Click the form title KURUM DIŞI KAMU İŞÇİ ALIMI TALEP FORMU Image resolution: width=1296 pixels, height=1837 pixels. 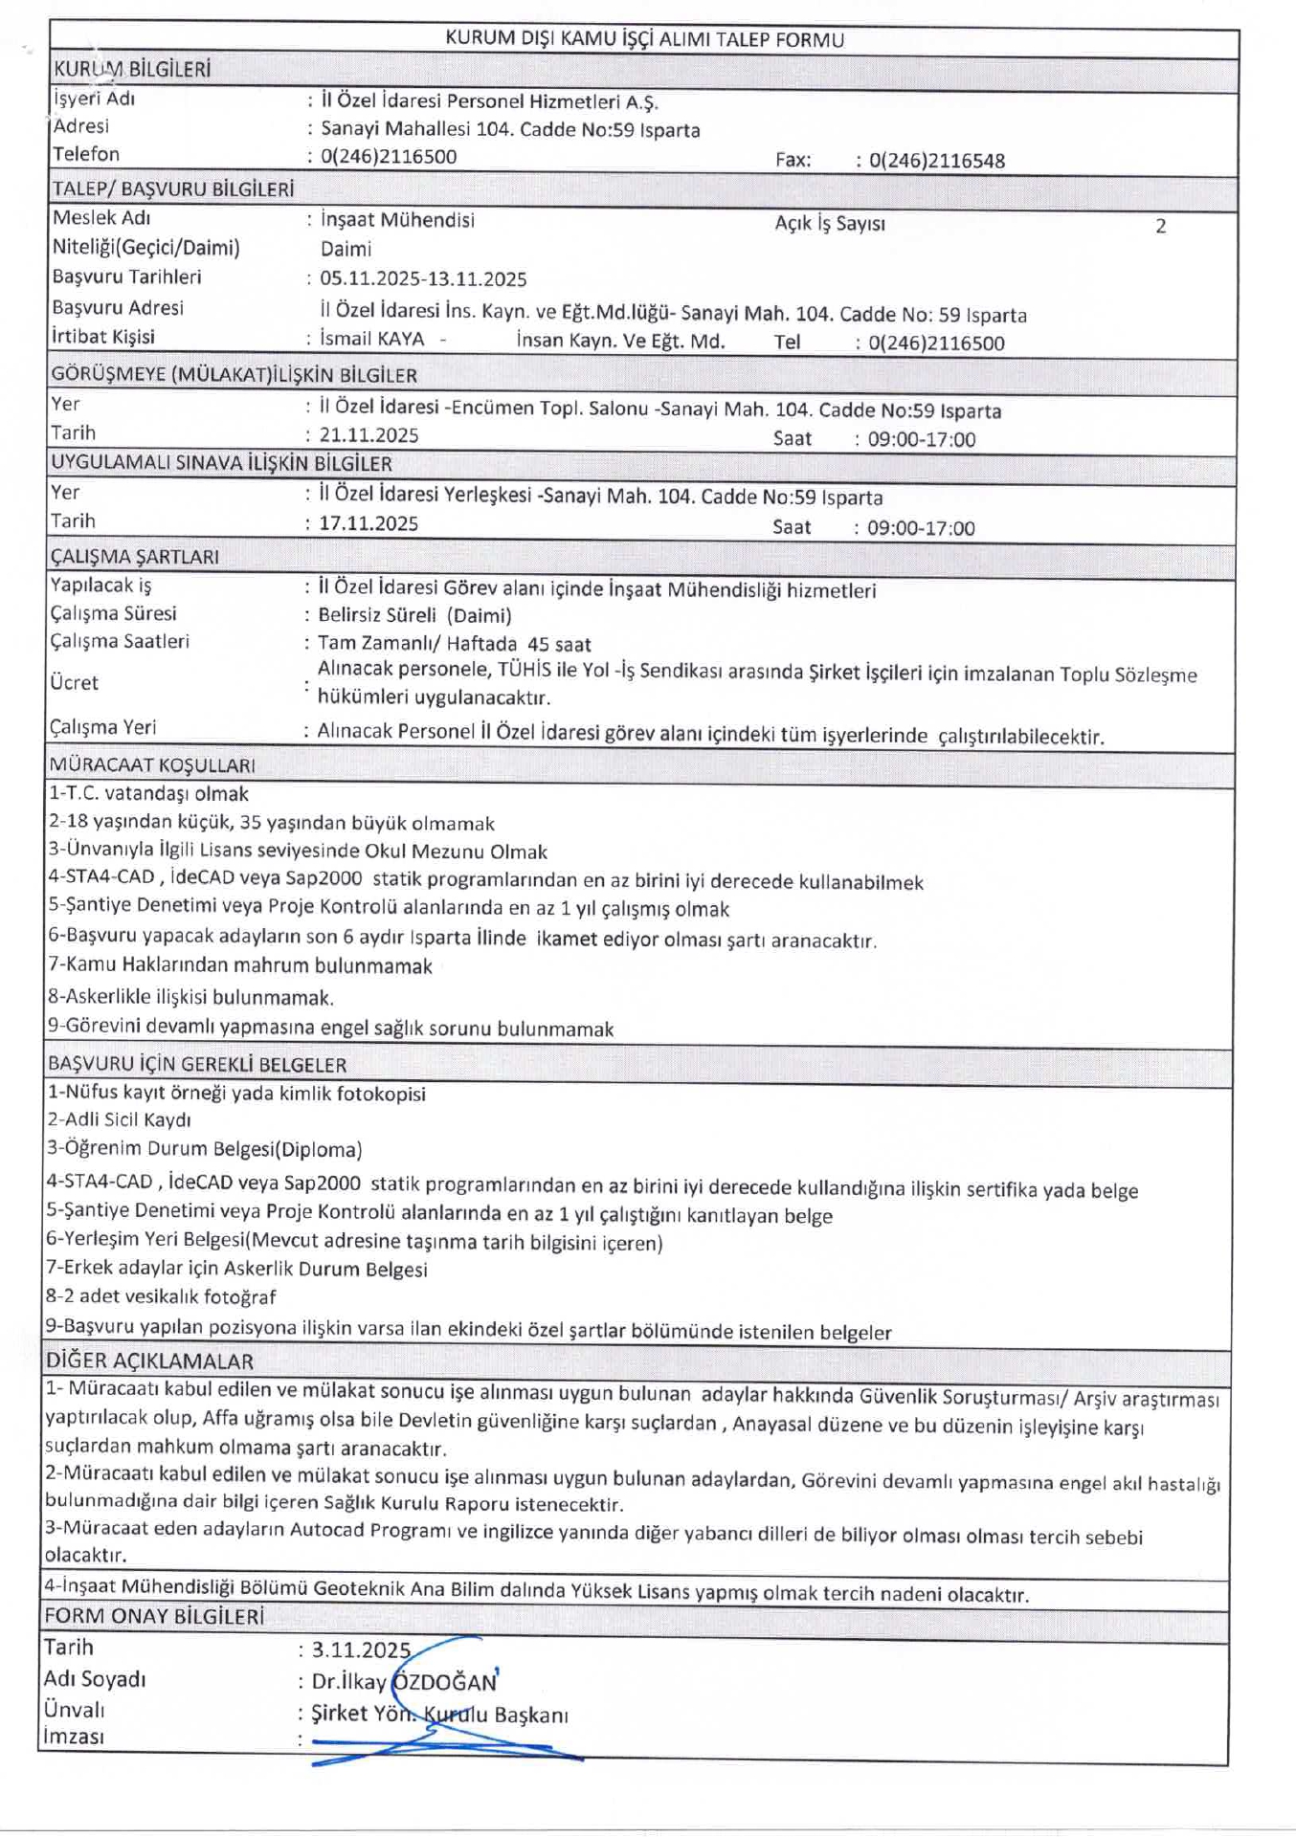(644, 39)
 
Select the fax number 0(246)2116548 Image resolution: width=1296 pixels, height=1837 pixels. (936, 161)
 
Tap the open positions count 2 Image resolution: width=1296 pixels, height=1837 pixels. (1160, 227)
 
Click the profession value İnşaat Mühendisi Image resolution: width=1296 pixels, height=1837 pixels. (397, 220)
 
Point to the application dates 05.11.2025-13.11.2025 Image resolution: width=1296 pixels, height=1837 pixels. (423, 279)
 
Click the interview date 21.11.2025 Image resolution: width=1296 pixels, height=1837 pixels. (369, 435)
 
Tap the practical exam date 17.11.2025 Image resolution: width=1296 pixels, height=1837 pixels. (369, 523)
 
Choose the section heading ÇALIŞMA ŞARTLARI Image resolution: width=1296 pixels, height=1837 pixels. (135, 557)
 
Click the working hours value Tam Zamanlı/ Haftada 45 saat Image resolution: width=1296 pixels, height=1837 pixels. (455, 644)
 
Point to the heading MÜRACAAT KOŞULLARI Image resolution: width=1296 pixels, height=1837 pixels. (152, 765)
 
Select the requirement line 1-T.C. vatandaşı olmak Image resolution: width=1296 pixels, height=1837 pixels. (149, 794)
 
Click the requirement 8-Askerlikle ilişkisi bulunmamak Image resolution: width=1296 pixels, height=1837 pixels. (191, 997)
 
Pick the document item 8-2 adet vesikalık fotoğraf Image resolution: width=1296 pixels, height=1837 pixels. (162, 1297)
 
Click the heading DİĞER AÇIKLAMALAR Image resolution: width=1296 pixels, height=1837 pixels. (150, 1361)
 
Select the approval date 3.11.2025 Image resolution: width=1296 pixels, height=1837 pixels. (361, 1650)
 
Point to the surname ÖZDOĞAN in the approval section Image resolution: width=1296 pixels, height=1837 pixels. (446, 1682)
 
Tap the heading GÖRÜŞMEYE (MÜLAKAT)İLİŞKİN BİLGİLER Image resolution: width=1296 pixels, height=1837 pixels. (235, 375)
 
